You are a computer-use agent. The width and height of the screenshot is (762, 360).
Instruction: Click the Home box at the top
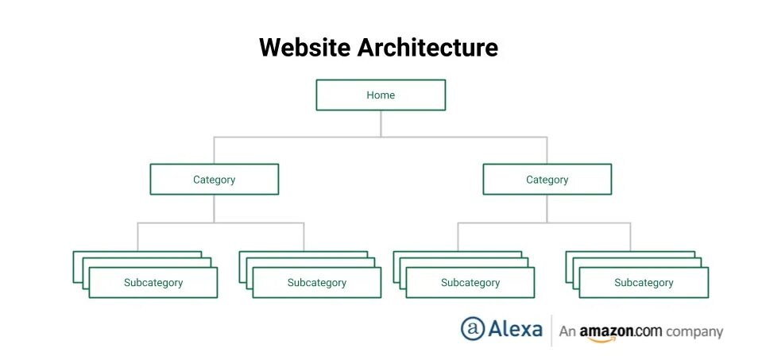coord(381,95)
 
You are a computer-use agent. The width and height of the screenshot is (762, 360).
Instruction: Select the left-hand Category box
coord(215,180)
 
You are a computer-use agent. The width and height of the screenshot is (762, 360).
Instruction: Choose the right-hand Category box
coord(547,180)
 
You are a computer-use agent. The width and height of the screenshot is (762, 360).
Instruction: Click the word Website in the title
coord(304,48)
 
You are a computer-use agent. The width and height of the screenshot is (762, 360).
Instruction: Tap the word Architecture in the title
coord(427,48)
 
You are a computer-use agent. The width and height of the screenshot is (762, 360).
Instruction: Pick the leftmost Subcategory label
coord(153,283)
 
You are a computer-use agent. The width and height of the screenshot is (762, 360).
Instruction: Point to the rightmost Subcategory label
coord(644,283)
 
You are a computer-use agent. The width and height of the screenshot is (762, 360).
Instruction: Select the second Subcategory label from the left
coord(317,283)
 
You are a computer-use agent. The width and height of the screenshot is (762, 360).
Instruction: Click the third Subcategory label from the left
coord(470,283)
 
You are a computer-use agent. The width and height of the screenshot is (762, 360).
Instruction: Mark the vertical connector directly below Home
coord(381,123)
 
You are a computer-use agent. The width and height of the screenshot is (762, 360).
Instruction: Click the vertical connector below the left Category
coord(215,208)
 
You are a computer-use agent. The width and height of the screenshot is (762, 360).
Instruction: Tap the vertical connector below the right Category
coord(547,208)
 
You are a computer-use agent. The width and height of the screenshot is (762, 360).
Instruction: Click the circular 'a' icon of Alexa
coord(473,329)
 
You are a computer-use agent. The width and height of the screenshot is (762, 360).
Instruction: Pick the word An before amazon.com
coord(567,331)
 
